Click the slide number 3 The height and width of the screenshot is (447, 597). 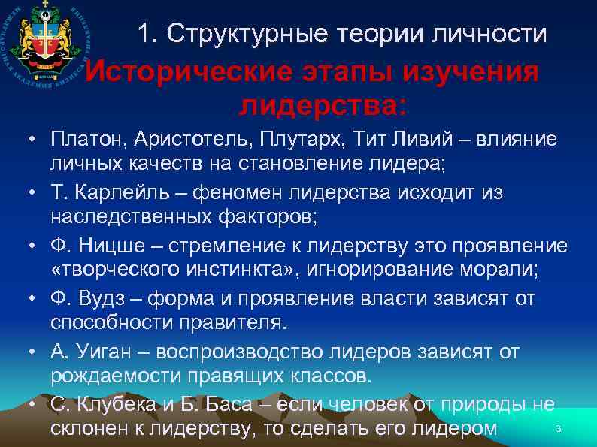[x=558, y=429]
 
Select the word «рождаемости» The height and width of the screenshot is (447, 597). [x=109, y=376]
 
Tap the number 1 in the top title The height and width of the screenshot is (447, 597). [x=144, y=33]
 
